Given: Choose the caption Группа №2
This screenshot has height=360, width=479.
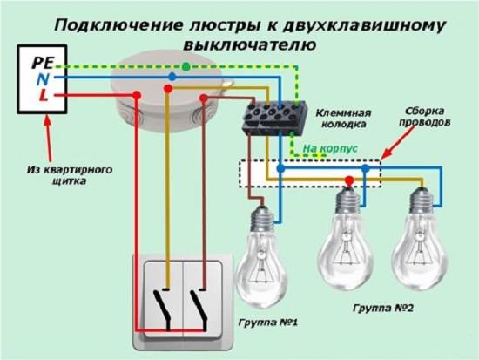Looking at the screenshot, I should coord(382,309).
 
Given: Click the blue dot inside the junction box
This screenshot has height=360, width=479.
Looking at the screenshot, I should coord(172,77).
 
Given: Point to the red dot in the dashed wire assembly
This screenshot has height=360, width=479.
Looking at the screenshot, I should coord(349,180).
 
